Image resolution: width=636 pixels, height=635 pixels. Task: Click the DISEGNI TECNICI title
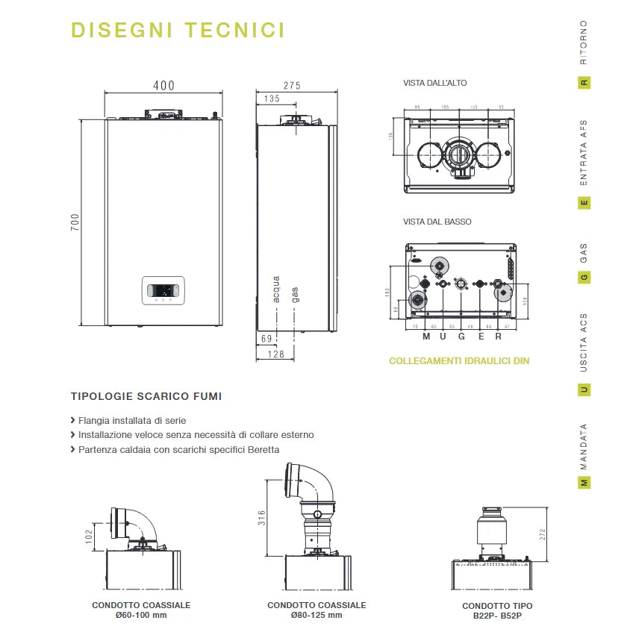tap(178, 31)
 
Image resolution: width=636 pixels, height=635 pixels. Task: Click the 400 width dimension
tap(164, 86)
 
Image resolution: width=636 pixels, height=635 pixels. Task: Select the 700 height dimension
tap(75, 222)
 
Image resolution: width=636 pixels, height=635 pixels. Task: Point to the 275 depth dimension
tap(292, 86)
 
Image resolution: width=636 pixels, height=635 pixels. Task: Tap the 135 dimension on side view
tap(272, 98)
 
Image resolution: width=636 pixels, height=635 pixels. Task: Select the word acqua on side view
tap(276, 289)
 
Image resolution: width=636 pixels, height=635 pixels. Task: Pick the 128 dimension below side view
tap(275, 354)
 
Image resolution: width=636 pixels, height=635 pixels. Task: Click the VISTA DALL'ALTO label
tap(435, 83)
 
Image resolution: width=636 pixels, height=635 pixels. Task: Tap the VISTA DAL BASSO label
tap(437, 222)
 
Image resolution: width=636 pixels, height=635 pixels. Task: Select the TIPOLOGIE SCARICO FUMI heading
tap(146, 397)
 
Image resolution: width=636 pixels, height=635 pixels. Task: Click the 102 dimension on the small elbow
tap(89, 537)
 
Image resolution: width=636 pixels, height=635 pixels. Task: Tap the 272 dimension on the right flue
tap(543, 534)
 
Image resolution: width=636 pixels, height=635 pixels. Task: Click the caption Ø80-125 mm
tap(317, 616)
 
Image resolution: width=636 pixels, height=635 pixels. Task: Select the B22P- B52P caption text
tap(497, 616)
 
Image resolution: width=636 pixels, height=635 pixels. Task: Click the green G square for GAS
tap(584, 278)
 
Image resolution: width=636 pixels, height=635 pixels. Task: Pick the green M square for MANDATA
tap(584, 483)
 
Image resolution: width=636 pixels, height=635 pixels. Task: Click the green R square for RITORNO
tap(584, 83)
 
